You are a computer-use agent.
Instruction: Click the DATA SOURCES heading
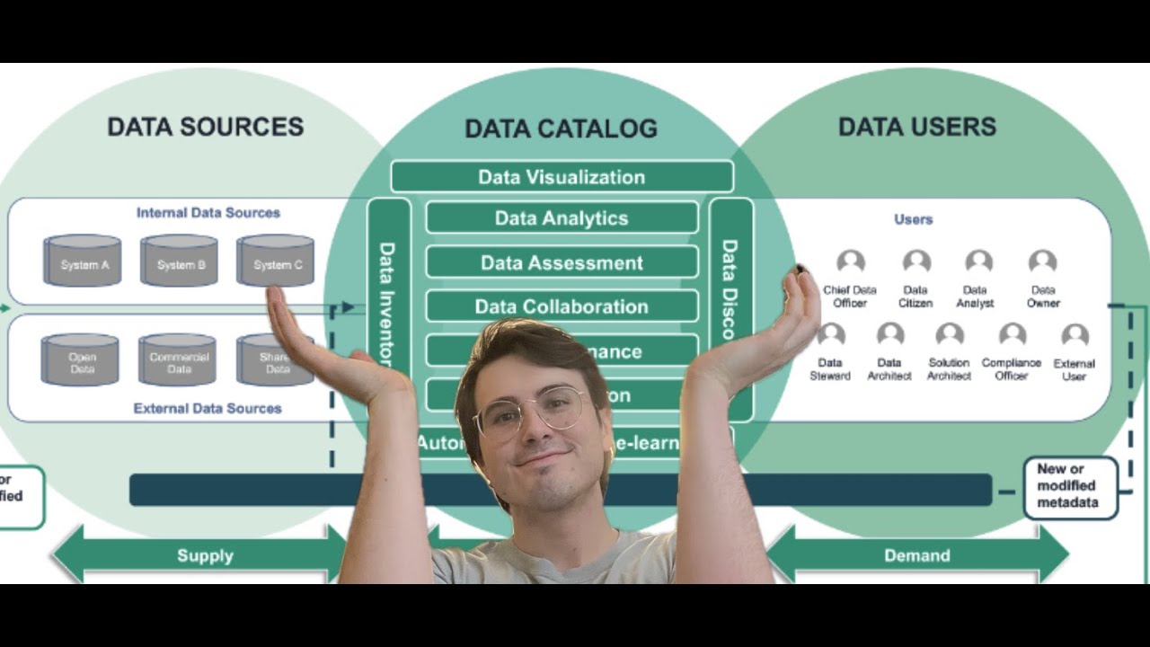point(205,127)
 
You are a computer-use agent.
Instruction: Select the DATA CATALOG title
point(561,129)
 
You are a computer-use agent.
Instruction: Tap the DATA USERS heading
point(916,127)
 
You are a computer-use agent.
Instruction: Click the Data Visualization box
point(562,177)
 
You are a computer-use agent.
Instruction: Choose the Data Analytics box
point(562,218)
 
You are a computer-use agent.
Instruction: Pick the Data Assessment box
point(562,263)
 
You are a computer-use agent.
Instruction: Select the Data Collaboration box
point(562,306)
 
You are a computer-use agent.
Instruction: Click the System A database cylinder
point(83,261)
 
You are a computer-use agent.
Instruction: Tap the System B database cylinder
point(179,261)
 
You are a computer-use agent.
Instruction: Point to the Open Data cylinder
point(80,359)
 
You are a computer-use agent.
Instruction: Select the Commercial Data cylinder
point(177,359)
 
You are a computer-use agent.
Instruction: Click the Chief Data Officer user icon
point(850,263)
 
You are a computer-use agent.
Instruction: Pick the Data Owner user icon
point(1042,263)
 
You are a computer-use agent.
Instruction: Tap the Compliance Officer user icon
point(1012,336)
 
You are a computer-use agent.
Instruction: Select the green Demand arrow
point(916,555)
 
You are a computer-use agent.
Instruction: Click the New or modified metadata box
point(1070,486)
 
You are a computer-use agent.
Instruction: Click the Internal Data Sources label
point(208,213)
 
